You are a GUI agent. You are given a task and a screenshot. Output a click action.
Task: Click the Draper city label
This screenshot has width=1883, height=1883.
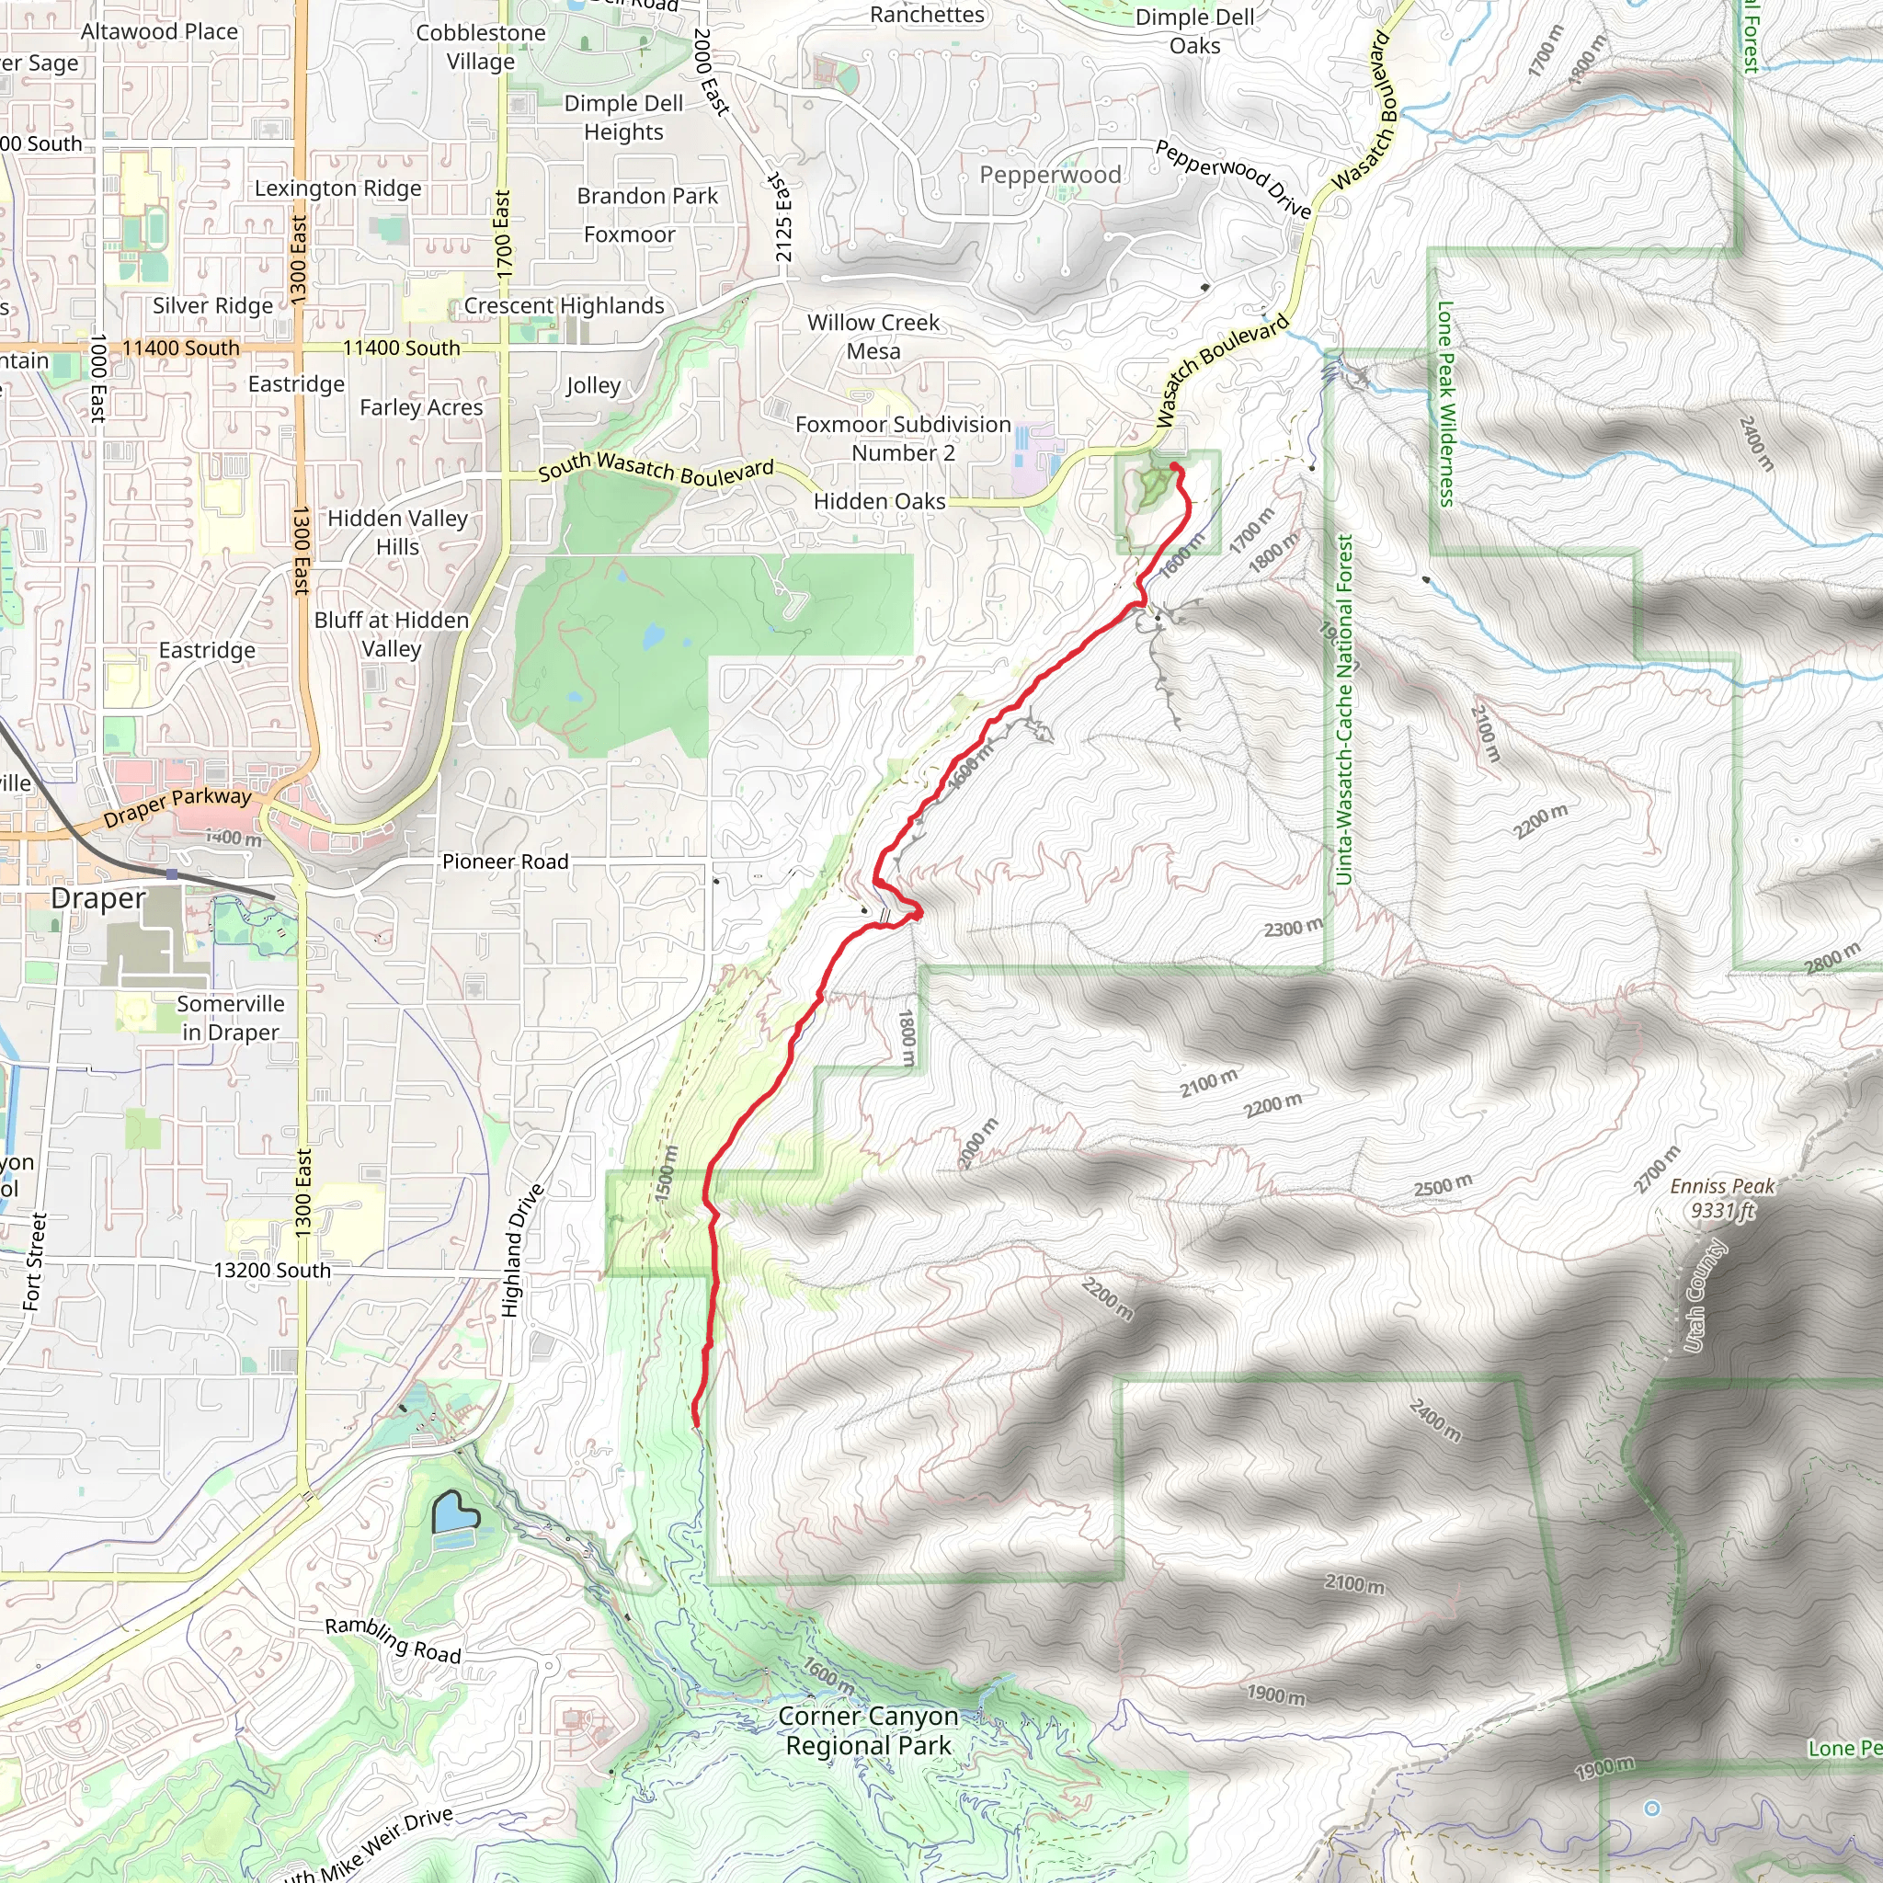98,897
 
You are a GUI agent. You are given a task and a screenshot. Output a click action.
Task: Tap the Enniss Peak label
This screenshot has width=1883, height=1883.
1722,1198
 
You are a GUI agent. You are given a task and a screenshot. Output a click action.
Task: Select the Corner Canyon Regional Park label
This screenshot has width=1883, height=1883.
868,1730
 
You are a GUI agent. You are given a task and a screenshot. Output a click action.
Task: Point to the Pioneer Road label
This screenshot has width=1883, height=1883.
505,862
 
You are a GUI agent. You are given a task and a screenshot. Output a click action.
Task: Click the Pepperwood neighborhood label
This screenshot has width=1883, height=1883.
1050,175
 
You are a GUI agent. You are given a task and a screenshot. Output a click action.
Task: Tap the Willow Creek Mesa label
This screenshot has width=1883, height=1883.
873,337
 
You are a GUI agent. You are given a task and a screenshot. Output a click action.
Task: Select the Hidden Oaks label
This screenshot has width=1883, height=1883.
879,501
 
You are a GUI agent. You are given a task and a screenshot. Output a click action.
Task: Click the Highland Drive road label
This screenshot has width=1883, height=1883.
522,1250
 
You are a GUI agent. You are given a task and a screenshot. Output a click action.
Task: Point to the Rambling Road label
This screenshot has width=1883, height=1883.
393,1639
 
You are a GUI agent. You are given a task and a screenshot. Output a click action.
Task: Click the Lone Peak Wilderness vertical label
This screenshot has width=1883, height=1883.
1446,404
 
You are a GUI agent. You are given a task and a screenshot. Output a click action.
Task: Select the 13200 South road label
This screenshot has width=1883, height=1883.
272,1270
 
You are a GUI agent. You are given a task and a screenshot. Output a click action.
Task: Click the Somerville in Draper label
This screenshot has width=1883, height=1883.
231,1018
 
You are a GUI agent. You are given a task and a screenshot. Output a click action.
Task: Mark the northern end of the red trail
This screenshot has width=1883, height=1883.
1175,468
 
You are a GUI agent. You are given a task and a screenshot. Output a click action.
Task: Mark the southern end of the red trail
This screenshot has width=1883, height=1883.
695,1424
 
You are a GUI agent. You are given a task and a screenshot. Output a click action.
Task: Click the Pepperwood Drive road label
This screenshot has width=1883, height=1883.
1233,178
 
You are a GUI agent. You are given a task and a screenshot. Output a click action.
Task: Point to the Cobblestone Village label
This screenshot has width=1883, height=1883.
481,47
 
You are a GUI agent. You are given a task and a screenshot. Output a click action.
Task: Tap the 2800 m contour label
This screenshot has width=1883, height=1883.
1832,959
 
